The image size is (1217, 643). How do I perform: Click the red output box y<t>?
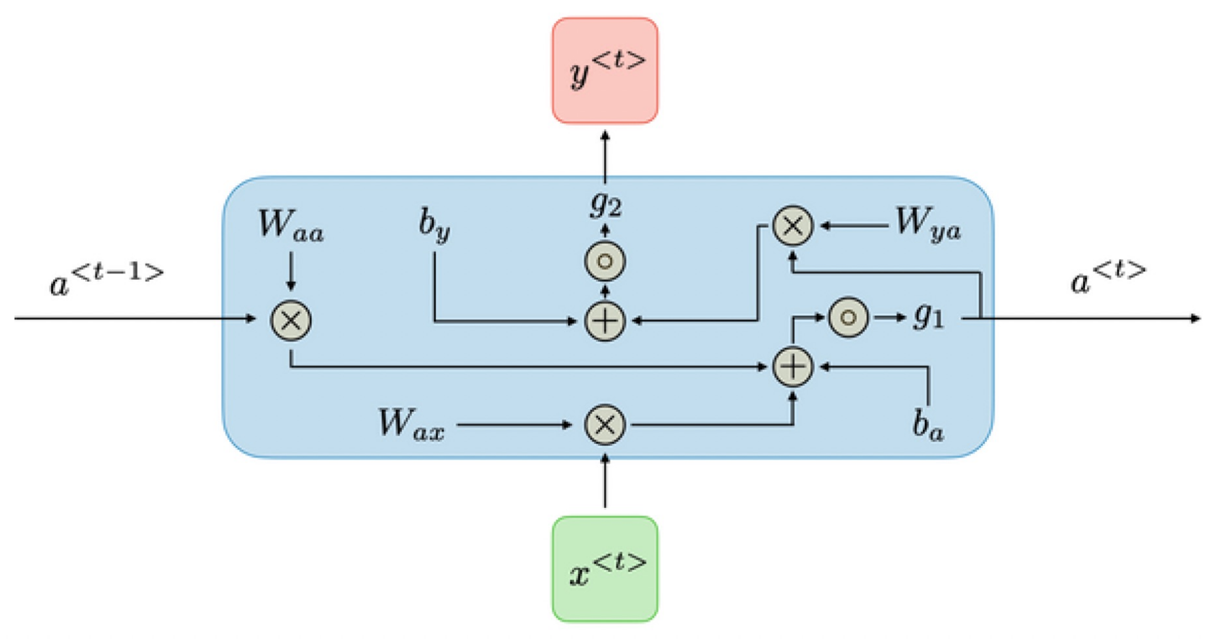tap(604, 71)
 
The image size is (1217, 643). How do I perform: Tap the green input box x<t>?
tap(604, 569)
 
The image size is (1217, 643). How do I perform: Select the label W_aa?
tap(291, 227)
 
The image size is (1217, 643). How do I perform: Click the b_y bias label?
tap(434, 227)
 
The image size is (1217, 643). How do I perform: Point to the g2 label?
tap(605, 205)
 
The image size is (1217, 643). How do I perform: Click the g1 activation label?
tap(928, 316)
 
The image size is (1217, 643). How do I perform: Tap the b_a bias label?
tap(927, 424)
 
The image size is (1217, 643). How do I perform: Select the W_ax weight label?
tap(411, 424)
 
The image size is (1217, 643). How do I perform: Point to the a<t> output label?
tap(1107, 277)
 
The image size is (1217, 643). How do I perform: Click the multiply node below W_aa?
tap(291, 320)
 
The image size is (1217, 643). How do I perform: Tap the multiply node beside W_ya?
tap(792, 225)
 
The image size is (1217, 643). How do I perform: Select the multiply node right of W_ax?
tap(604, 425)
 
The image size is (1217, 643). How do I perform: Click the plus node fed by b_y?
tap(604, 320)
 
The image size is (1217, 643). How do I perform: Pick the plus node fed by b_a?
tap(792, 367)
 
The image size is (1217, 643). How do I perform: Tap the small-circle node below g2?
tap(604, 261)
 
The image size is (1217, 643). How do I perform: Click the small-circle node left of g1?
tap(848, 317)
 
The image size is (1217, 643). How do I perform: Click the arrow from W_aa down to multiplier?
tap(291, 271)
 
